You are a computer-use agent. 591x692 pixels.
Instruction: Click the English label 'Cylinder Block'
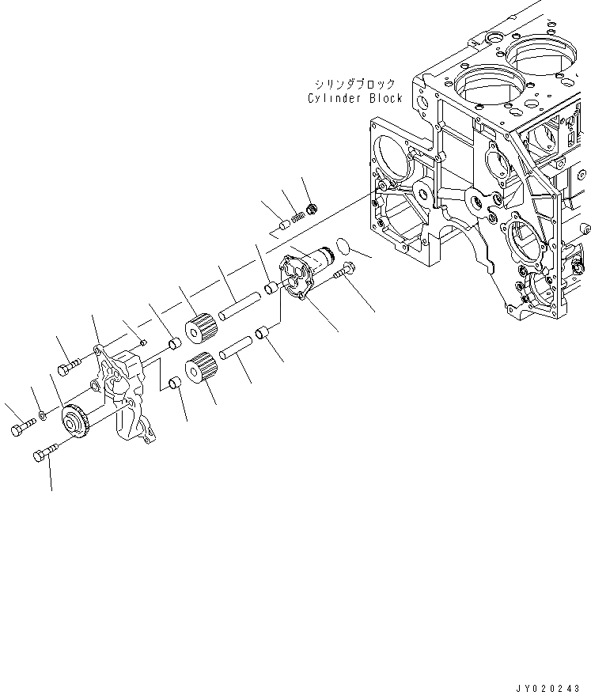tap(355, 98)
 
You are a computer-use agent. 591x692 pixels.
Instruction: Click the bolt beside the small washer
tap(21, 429)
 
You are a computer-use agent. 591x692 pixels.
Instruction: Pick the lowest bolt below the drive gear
tap(44, 453)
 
